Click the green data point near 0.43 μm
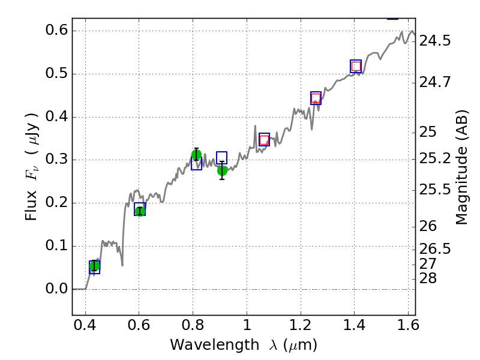[x=94, y=266]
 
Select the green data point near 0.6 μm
[x=140, y=211]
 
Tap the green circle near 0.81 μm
[x=196, y=155]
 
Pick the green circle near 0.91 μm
[x=222, y=170]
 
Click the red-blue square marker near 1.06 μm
[x=264, y=140]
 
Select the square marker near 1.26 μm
[x=316, y=98]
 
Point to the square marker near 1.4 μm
[x=356, y=66]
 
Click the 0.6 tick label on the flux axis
[x=51, y=31]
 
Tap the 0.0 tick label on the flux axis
[x=51, y=289]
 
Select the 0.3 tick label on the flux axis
[x=51, y=160]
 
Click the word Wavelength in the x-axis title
[x=205, y=345]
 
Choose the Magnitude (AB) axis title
[x=461, y=167]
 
